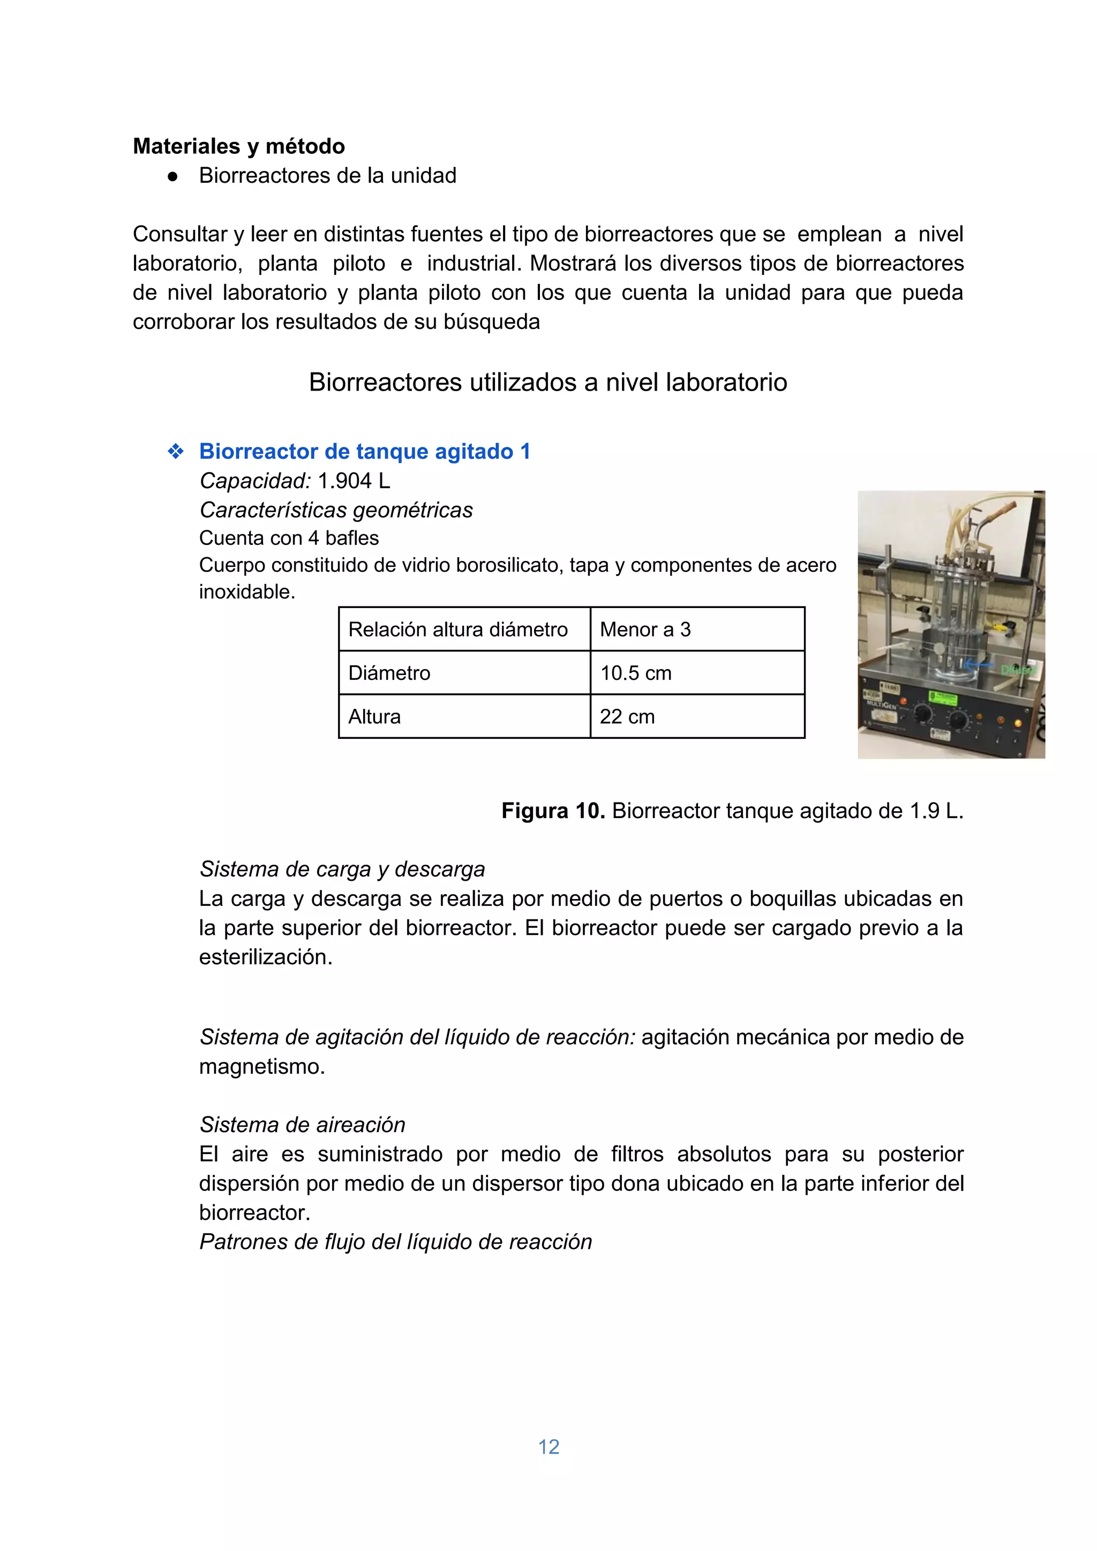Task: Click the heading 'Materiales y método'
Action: pyautogui.click(x=238, y=146)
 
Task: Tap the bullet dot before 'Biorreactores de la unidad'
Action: pyautogui.click(x=173, y=176)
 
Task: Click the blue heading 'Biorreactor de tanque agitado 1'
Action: pyautogui.click(x=365, y=451)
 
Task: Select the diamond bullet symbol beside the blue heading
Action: pyautogui.click(x=176, y=451)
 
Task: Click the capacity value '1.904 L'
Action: pyautogui.click(x=354, y=481)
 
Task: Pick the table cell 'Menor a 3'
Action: pyautogui.click(x=645, y=630)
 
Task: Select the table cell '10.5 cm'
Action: pyautogui.click(x=636, y=673)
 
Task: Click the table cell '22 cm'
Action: pyautogui.click(x=627, y=717)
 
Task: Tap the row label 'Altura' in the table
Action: pyautogui.click(x=374, y=717)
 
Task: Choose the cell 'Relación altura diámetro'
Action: pyautogui.click(x=458, y=630)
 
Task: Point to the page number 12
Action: pyautogui.click(x=548, y=1447)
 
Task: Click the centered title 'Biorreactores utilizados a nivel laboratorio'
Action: pyautogui.click(x=548, y=383)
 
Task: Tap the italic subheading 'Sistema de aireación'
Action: pyautogui.click(x=302, y=1125)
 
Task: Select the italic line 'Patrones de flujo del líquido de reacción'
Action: pyautogui.click(x=395, y=1242)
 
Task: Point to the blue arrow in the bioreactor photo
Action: pyautogui.click(x=978, y=665)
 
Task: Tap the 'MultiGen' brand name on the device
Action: pyautogui.click(x=882, y=705)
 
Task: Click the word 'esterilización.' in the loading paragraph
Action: pyautogui.click(x=266, y=957)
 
